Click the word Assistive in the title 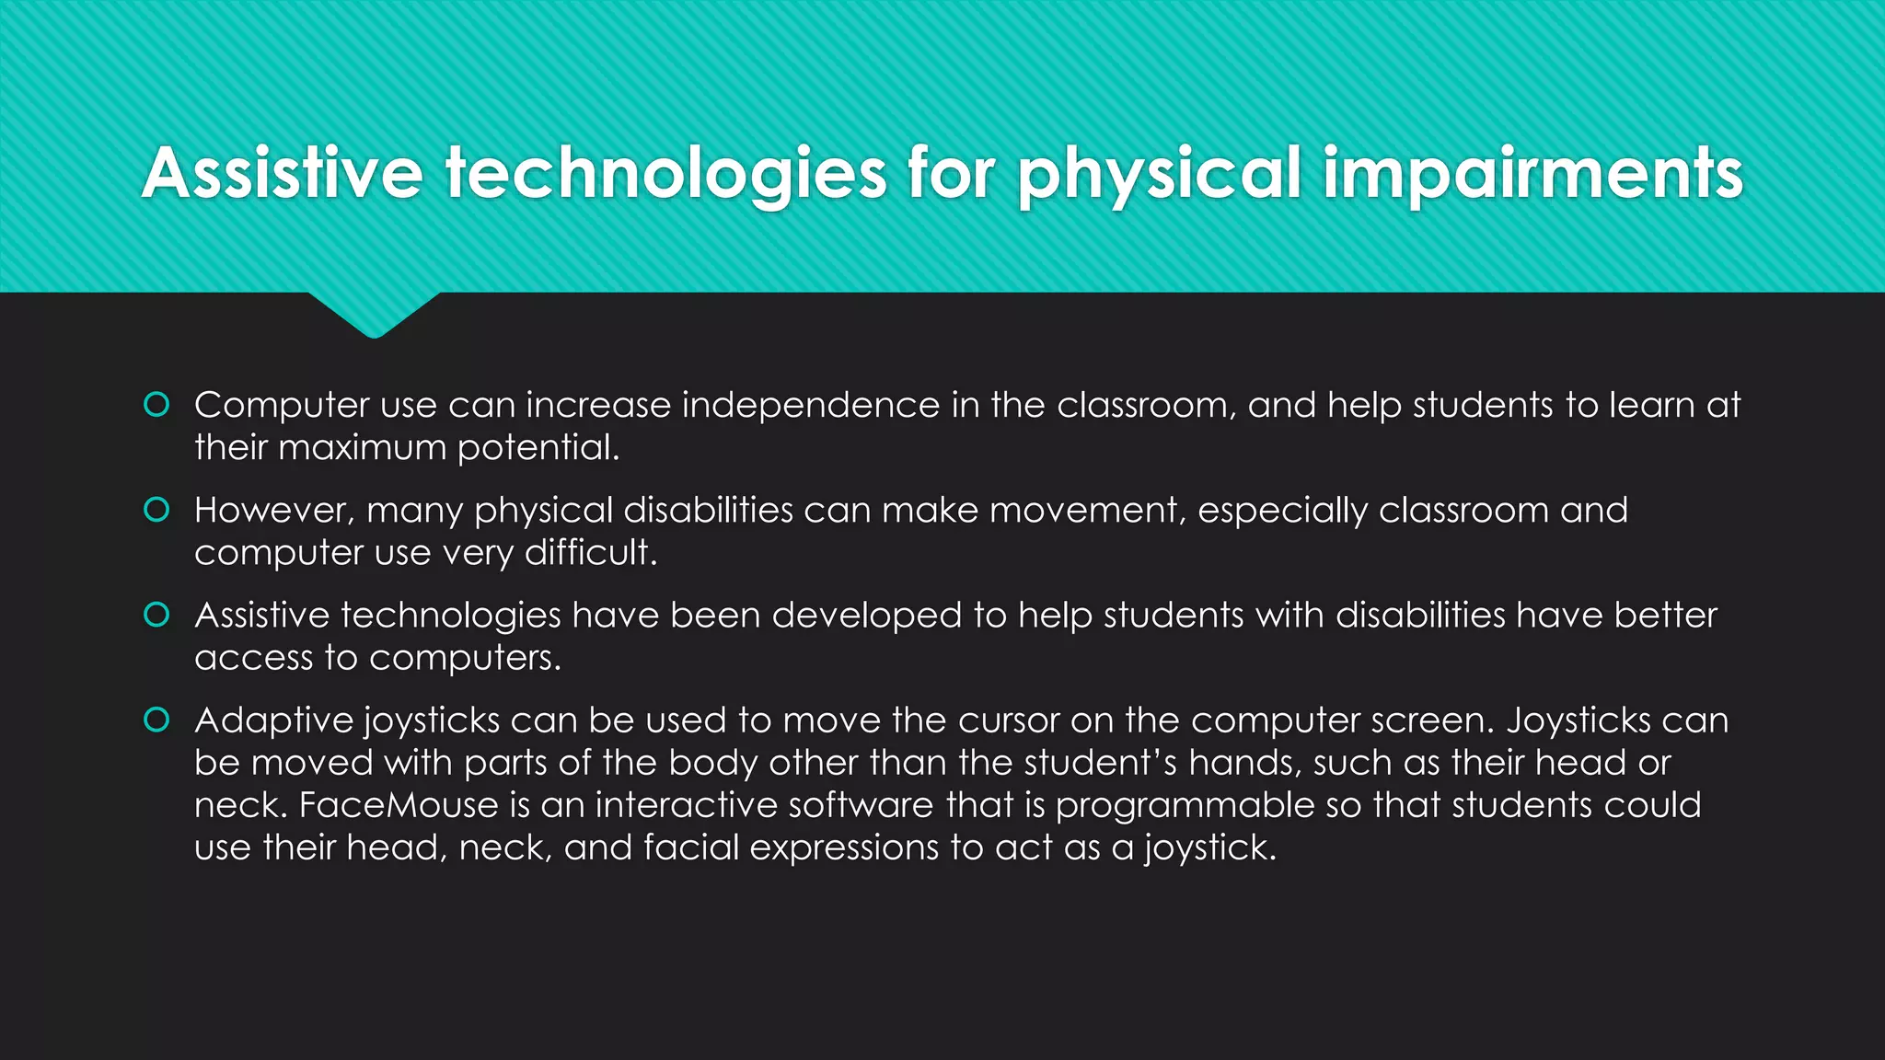[282, 173]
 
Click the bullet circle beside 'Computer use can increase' [157, 405]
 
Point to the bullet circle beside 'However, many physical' [157, 510]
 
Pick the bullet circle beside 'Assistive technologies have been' [157, 615]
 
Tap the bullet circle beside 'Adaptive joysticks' [157, 720]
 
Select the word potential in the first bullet [538, 448]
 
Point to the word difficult [590, 553]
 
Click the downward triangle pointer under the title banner [374, 315]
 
